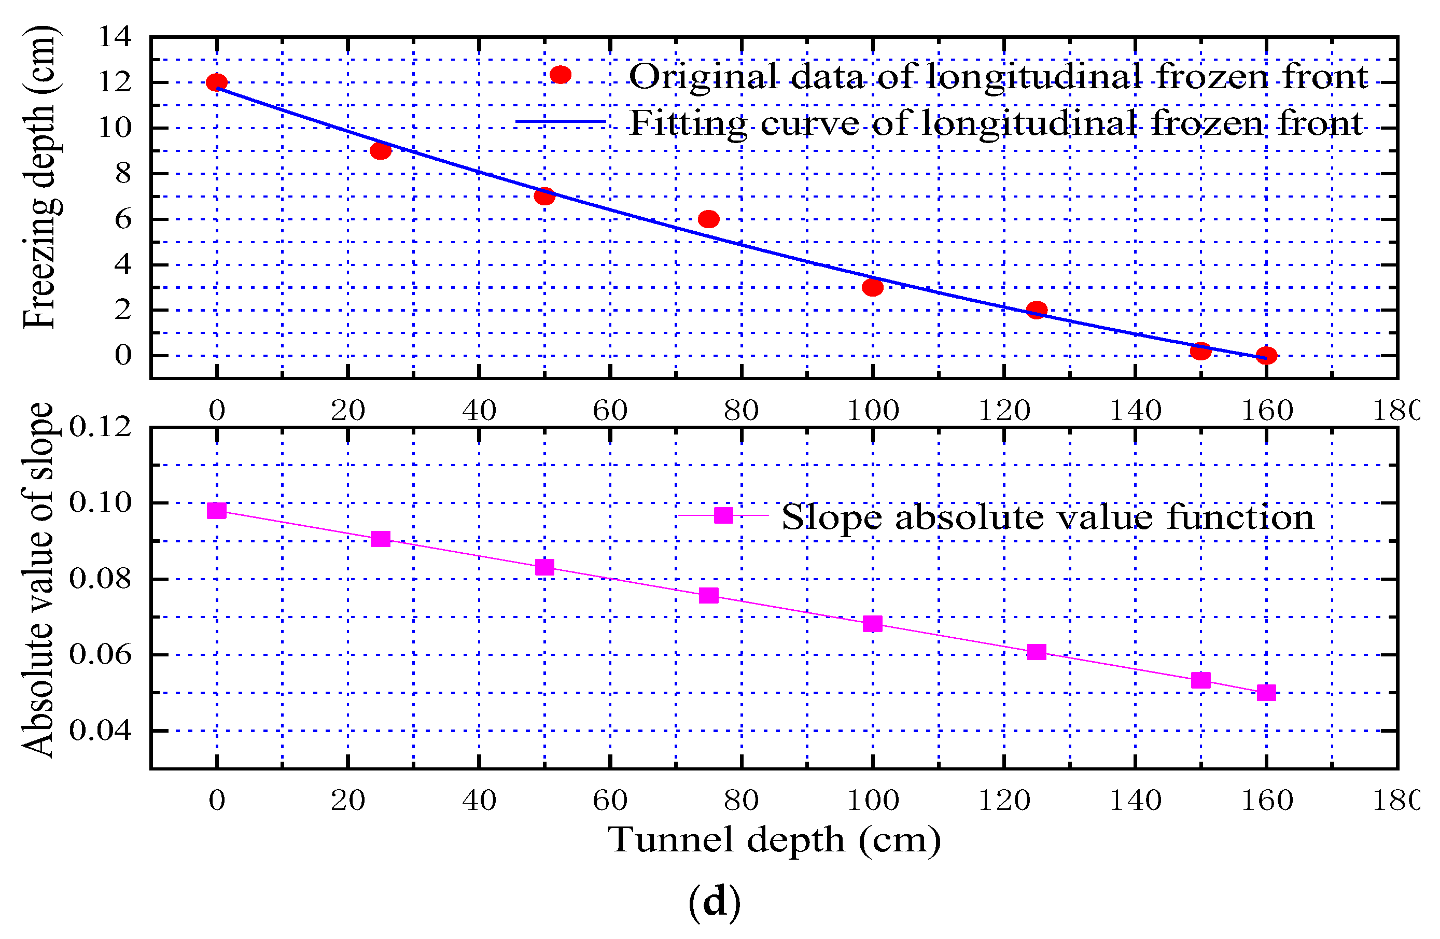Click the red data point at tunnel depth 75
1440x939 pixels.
point(708,219)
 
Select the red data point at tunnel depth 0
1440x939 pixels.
point(217,82)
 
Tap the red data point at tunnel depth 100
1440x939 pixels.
point(873,287)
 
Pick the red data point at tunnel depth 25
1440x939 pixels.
point(381,151)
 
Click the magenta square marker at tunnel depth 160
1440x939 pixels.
point(1266,693)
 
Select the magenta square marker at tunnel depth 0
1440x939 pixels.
point(217,511)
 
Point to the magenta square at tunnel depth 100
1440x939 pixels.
point(873,624)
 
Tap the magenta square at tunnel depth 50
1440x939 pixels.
point(544,567)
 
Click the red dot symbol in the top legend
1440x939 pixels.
point(561,75)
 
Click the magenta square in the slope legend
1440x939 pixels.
point(724,515)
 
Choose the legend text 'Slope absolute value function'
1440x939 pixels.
point(1048,518)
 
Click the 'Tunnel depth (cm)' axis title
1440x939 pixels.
point(775,841)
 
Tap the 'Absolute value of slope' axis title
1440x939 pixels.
point(37,580)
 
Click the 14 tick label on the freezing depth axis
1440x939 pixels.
point(115,37)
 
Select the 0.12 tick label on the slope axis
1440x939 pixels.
point(101,427)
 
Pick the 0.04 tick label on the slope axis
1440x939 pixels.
point(101,731)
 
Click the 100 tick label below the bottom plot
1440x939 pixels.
point(873,801)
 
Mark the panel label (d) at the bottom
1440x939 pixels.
point(715,902)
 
